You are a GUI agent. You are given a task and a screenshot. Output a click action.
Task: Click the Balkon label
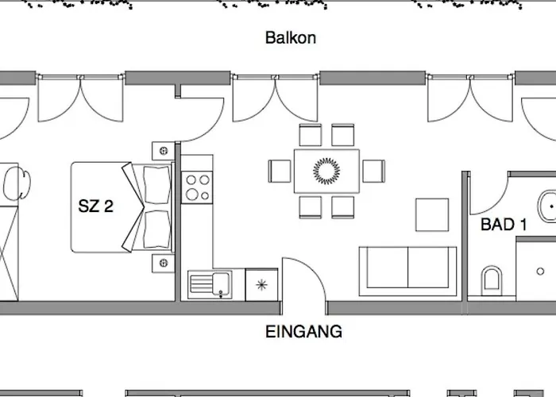(x=291, y=37)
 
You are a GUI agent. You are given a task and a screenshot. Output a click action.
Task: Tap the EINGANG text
(x=304, y=332)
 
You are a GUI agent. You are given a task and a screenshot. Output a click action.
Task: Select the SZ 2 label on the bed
(x=95, y=206)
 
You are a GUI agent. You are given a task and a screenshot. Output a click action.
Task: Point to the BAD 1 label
(x=504, y=225)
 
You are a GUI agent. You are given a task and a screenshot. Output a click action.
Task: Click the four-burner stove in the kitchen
(x=197, y=187)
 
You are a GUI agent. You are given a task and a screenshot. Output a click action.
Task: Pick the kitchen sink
(x=210, y=284)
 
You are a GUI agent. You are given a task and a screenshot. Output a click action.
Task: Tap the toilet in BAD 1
(x=492, y=281)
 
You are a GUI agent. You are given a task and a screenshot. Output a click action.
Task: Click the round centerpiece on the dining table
(x=326, y=172)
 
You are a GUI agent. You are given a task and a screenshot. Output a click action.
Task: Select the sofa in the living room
(x=407, y=272)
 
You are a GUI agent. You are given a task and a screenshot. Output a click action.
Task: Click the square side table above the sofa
(x=432, y=215)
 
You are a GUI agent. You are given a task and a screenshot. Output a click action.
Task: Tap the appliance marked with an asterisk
(x=261, y=284)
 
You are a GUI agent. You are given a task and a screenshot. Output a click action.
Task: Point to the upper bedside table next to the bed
(x=164, y=151)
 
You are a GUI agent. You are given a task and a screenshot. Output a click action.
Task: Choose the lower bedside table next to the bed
(x=164, y=263)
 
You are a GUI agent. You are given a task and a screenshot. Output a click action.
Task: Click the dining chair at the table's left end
(x=280, y=172)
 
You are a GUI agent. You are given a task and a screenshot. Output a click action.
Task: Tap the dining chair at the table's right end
(x=374, y=172)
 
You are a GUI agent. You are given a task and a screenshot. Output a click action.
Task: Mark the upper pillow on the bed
(x=157, y=185)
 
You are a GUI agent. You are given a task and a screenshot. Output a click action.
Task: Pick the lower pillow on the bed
(x=157, y=229)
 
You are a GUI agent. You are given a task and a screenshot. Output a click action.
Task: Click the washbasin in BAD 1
(x=547, y=206)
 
